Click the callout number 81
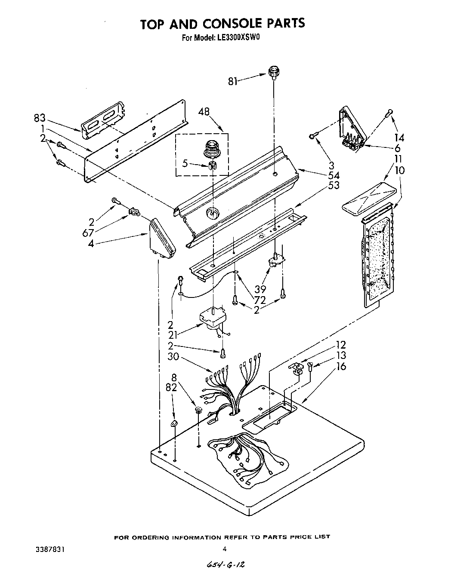click(233, 81)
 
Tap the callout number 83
click(40, 119)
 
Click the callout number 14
click(399, 138)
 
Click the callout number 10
click(400, 170)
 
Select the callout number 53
click(334, 185)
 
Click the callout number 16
click(341, 366)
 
